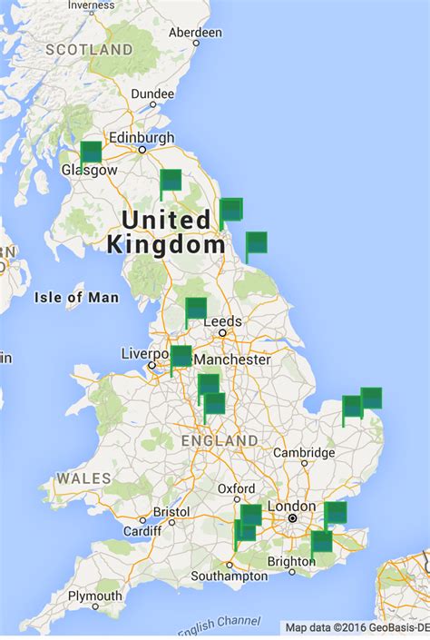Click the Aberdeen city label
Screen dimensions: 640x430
click(x=195, y=32)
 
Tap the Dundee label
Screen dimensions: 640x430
click(x=152, y=94)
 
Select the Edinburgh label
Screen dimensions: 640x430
click(x=142, y=137)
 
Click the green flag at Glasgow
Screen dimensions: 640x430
click(x=91, y=152)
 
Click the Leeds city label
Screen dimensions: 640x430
click(x=222, y=321)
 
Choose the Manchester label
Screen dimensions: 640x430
click(x=232, y=359)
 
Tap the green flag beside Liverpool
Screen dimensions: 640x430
click(x=181, y=356)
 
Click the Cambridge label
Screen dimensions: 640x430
click(x=305, y=453)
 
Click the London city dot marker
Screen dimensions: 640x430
click(x=293, y=518)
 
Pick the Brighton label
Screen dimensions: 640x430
click(x=291, y=562)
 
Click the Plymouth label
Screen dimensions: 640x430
click(x=94, y=596)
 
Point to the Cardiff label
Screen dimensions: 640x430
click(x=142, y=531)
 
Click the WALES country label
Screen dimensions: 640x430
click(x=83, y=478)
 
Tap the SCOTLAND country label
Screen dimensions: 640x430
click(x=89, y=49)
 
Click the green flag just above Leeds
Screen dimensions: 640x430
click(x=196, y=309)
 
